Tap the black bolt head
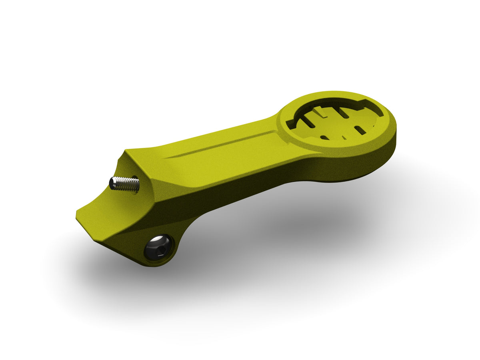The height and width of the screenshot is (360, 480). pos(158,247)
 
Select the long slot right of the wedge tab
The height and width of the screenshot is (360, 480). pos(344,113)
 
